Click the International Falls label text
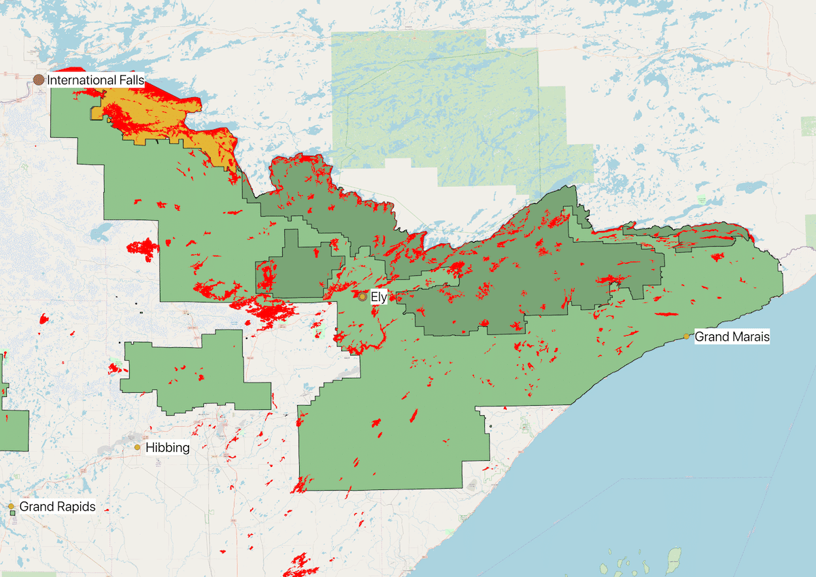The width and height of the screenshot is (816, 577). click(96, 80)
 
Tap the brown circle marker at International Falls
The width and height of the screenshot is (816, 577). click(39, 80)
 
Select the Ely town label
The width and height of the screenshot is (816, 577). click(379, 297)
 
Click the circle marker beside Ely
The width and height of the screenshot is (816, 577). click(363, 297)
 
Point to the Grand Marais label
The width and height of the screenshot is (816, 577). click(732, 337)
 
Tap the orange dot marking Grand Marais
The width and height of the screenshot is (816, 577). click(687, 336)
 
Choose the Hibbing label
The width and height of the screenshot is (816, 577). click(167, 448)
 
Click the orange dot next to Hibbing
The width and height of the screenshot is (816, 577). click(137, 447)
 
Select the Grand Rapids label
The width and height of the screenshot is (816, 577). click(57, 507)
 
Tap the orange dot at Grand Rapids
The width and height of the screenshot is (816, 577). click(12, 506)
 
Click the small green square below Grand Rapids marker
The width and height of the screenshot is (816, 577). click(12, 514)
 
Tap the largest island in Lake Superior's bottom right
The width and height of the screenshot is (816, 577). click(673, 561)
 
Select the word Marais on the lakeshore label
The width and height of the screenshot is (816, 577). click(750, 337)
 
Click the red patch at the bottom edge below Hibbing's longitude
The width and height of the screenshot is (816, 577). click(297, 564)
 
